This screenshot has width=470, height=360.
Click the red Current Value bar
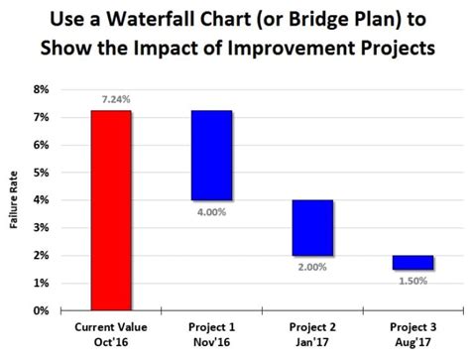[x=111, y=210]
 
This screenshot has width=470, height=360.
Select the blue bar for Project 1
[x=211, y=155]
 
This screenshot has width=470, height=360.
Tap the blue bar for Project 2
[x=312, y=227]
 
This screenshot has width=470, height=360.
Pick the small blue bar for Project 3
[x=412, y=262]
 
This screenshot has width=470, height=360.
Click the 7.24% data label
[x=112, y=100]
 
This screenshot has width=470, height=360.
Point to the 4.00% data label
[x=212, y=210]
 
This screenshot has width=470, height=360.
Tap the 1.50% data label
[x=413, y=280]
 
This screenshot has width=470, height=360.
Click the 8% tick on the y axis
[x=42, y=89]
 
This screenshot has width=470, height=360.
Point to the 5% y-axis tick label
[x=42, y=173]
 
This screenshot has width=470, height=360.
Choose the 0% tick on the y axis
[x=42, y=311]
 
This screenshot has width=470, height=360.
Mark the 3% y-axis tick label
[x=42, y=228]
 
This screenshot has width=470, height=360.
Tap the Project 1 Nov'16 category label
[x=211, y=333]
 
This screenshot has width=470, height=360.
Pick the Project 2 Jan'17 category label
[x=312, y=333]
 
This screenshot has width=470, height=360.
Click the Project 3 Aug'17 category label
[x=412, y=333]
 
